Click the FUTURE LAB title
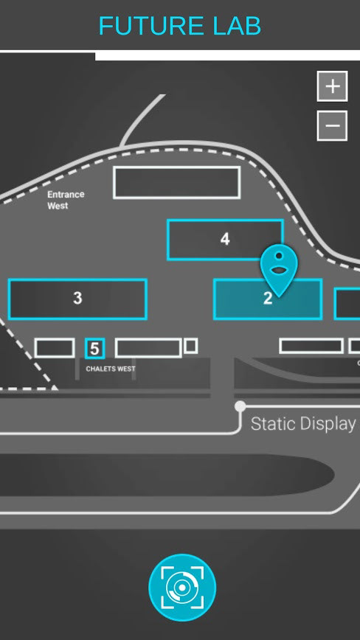180,26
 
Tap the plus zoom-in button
332,86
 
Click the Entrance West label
66,200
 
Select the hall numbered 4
225,240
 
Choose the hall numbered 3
77,299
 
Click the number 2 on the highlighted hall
268,299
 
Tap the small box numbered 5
94,349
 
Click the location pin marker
279,271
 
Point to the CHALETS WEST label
111,369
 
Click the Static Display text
303,424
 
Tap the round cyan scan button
182,588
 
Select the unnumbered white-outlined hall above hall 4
177,182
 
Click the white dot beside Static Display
240,406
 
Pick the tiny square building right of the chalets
190,346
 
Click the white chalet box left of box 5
55,348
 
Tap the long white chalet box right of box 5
148,348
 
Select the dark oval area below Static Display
163,475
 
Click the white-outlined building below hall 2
311,346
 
